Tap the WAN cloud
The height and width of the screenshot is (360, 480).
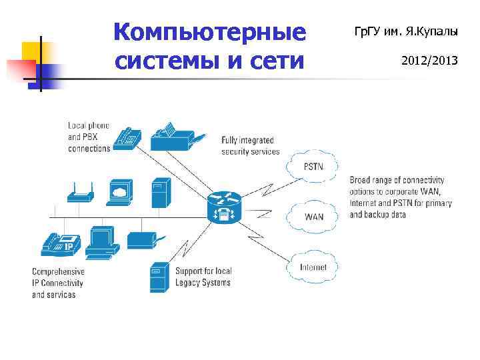tap(313, 217)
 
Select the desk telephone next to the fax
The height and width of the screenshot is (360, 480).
tap(127, 137)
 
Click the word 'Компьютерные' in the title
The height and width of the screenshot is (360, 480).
tap(209, 31)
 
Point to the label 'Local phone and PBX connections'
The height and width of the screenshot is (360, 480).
tap(89, 137)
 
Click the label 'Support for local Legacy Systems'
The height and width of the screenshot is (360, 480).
tap(203, 277)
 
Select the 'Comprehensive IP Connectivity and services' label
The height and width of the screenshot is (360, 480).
tap(59, 283)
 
